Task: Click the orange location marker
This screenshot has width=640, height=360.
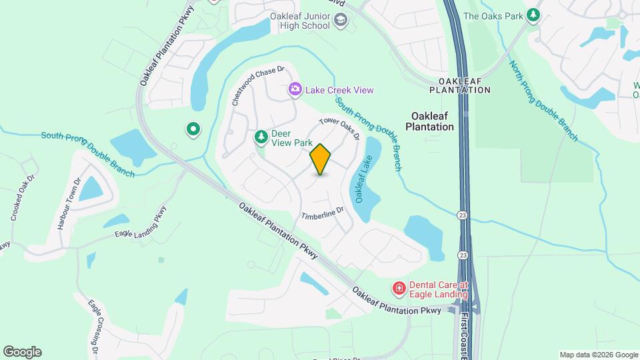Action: pyautogui.click(x=321, y=159)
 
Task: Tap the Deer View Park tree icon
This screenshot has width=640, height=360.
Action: pyautogui.click(x=261, y=137)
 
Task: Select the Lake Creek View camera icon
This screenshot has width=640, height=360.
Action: pyautogui.click(x=294, y=89)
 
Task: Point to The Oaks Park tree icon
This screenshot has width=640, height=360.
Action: pyautogui.click(x=533, y=15)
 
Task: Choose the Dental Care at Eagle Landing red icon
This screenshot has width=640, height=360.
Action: pyautogui.click(x=399, y=288)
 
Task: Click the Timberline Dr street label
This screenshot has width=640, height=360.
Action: pyautogui.click(x=322, y=214)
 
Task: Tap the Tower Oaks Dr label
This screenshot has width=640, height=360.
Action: pyautogui.click(x=340, y=129)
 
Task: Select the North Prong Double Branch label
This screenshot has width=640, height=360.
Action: pyautogui.click(x=543, y=101)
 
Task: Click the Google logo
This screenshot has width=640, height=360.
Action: pyautogui.click(x=22, y=352)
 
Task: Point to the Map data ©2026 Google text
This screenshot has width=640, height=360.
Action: pyautogui.click(x=598, y=355)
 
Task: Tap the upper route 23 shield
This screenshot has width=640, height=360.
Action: pyautogui.click(x=462, y=215)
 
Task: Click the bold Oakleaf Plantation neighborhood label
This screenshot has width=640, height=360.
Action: pyautogui.click(x=429, y=120)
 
